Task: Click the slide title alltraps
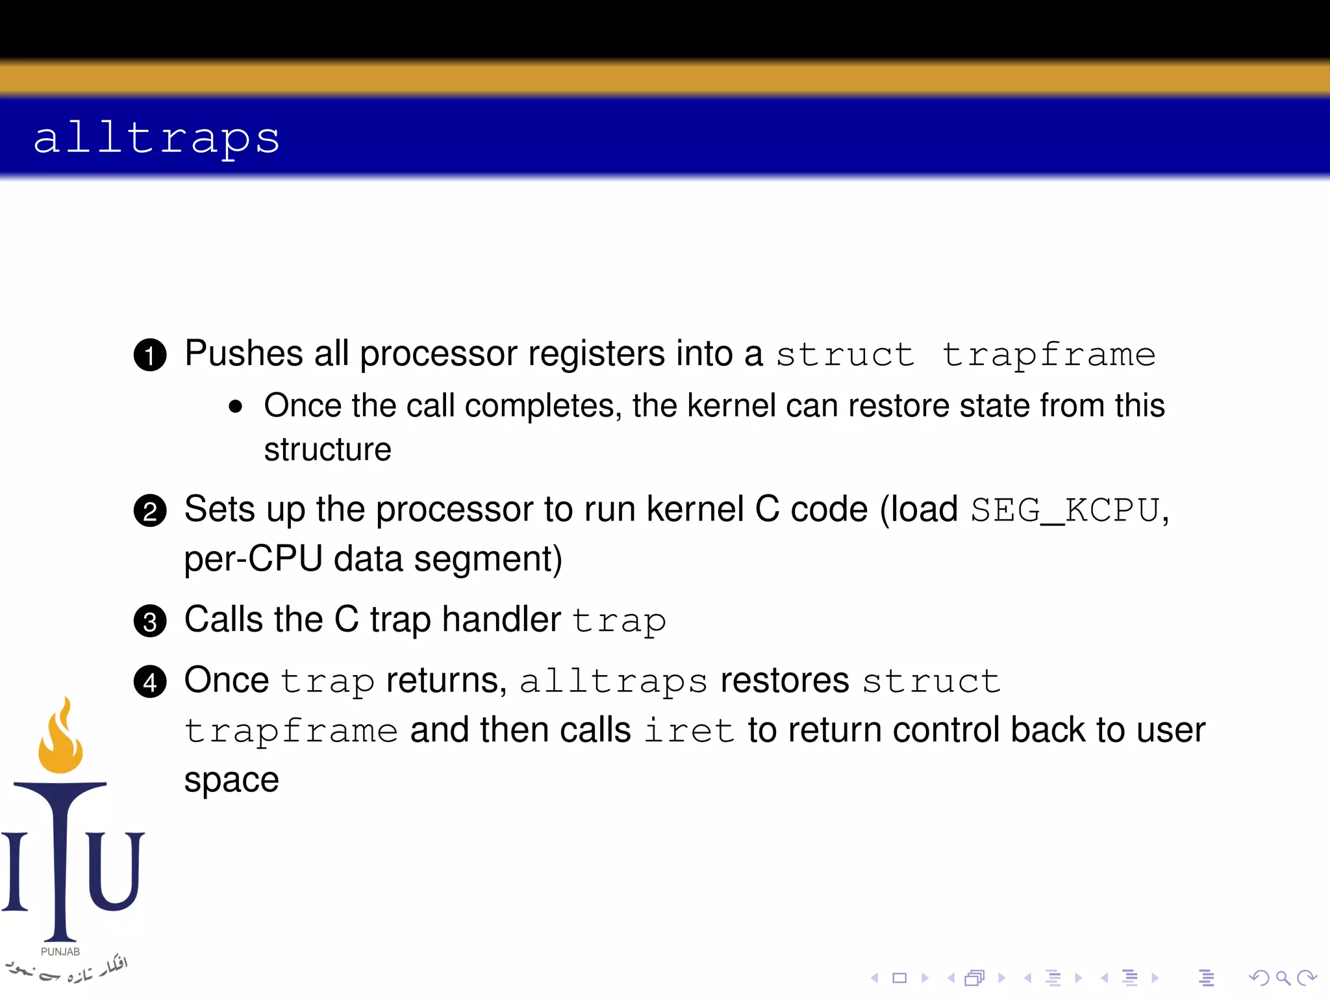tap(156, 138)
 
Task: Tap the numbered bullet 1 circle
tap(150, 355)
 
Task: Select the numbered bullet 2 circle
tap(150, 511)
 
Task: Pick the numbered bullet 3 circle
tap(150, 622)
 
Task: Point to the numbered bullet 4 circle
tap(150, 682)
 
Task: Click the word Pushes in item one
tap(244, 354)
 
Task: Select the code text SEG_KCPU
tap(1065, 510)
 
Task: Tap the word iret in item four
tap(688, 730)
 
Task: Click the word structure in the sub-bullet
tap(327, 450)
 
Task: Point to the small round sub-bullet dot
tap(236, 407)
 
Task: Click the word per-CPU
tap(253, 559)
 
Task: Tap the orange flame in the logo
tap(60, 741)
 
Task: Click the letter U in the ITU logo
tap(114, 871)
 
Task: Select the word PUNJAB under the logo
tap(60, 951)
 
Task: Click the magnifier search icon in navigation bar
tap(1283, 977)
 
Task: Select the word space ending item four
tap(231, 780)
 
